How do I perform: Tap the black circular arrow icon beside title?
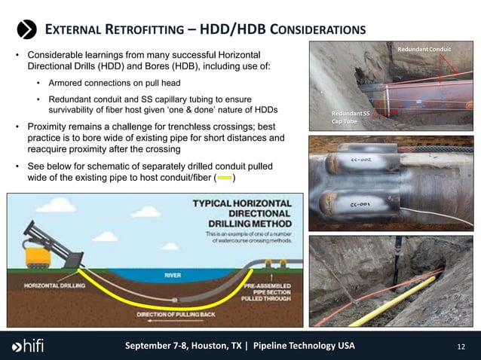pos(27,29)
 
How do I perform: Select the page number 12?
pos(462,346)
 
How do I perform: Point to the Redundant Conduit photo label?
pos(424,50)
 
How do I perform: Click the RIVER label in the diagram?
pos(173,276)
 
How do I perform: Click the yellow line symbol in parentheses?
pos(225,178)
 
